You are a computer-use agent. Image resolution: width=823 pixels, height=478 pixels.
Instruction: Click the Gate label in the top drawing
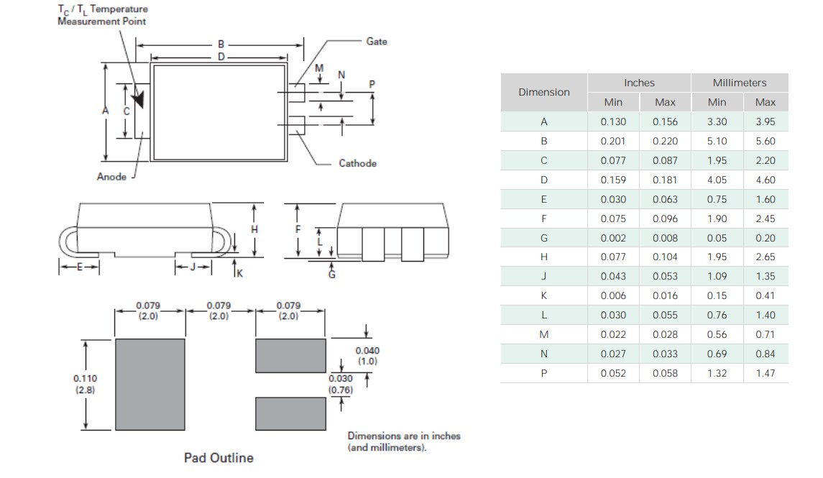click(x=377, y=42)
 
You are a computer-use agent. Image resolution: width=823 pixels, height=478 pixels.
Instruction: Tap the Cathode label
click(x=357, y=163)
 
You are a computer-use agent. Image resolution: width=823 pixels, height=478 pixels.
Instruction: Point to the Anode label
click(x=111, y=177)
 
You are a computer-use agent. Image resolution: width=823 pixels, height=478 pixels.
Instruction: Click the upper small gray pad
click(x=290, y=355)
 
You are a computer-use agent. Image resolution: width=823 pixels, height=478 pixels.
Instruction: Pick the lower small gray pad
click(x=290, y=413)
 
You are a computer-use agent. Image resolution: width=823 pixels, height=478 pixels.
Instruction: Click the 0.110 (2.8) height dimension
click(x=86, y=384)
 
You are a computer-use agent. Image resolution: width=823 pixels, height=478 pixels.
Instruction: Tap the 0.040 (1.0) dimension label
click(x=367, y=356)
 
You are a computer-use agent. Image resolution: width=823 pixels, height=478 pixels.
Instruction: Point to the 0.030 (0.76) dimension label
click(x=341, y=384)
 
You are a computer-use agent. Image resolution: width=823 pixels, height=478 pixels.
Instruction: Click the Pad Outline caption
click(x=219, y=458)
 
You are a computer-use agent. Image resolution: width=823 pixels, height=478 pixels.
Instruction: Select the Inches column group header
click(x=639, y=83)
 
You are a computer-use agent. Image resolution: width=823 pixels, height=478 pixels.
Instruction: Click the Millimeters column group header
click(x=740, y=83)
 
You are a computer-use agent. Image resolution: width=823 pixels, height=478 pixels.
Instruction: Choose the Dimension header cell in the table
click(x=544, y=92)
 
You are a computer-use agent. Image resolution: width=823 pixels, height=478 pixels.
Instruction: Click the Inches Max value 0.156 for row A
click(x=665, y=122)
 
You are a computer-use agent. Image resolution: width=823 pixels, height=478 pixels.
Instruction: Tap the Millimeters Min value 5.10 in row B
click(x=717, y=142)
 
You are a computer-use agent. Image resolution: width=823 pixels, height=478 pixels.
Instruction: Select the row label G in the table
click(x=544, y=238)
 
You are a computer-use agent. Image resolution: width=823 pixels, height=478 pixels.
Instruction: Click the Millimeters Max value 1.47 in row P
click(x=765, y=373)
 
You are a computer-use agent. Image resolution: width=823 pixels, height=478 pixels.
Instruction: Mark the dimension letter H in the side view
click(x=253, y=229)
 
